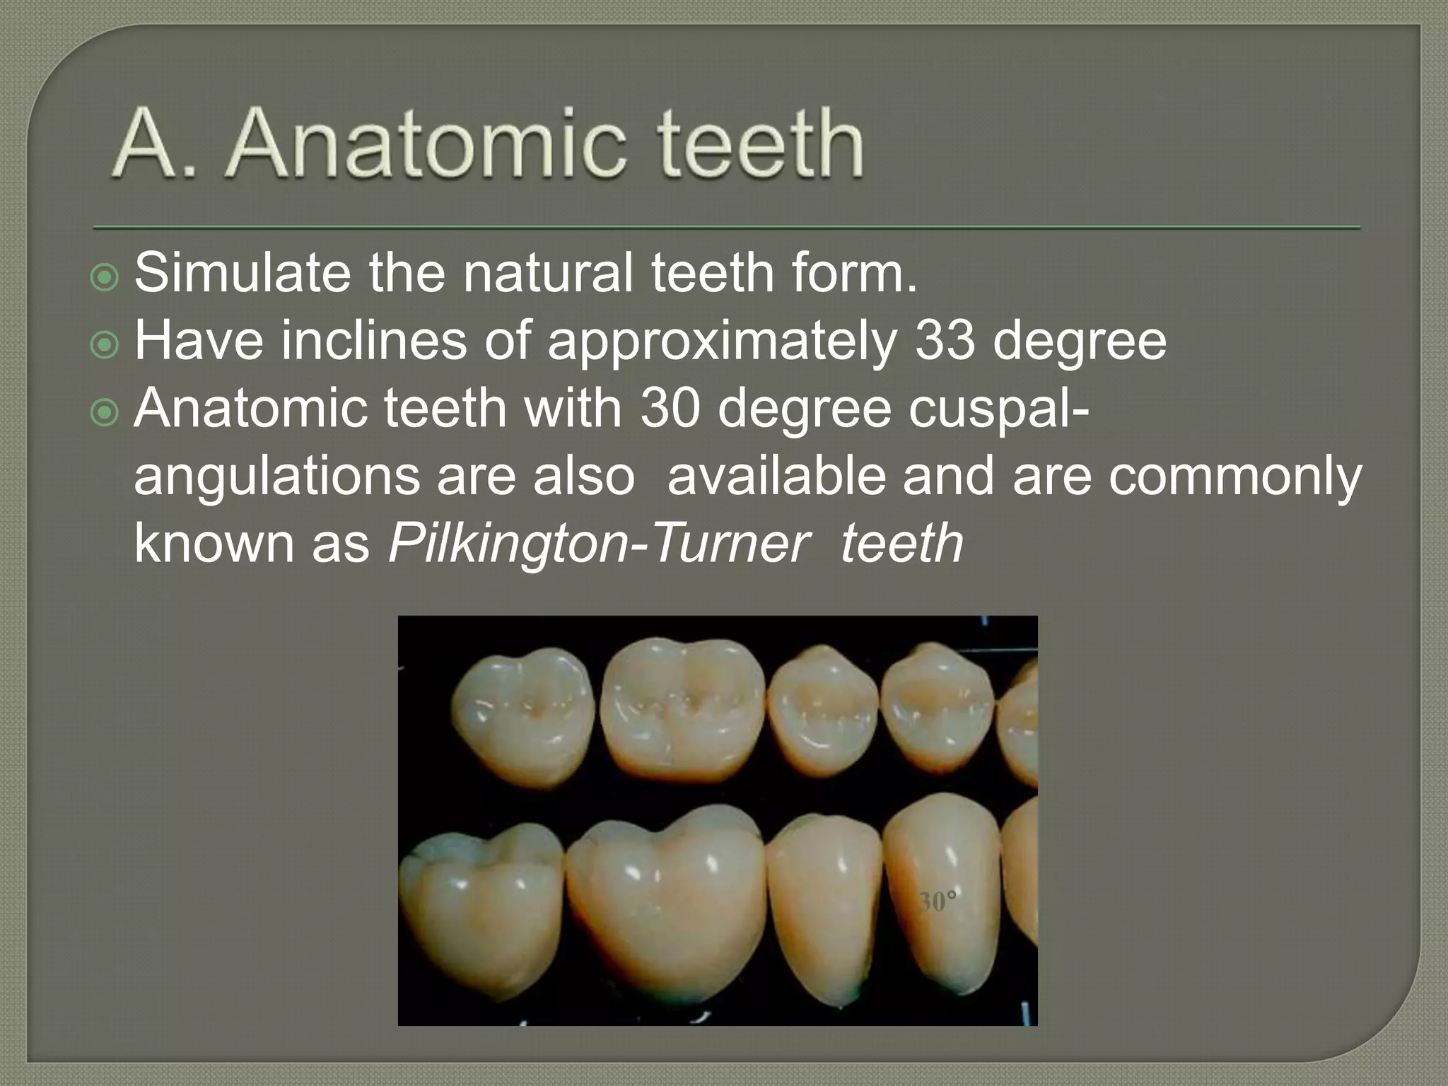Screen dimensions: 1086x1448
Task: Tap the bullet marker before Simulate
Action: (x=105, y=278)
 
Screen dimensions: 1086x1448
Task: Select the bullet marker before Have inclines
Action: (x=105, y=345)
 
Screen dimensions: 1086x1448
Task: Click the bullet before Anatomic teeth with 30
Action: (x=105, y=413)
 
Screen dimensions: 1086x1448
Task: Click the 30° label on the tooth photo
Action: (x=938, y=902)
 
